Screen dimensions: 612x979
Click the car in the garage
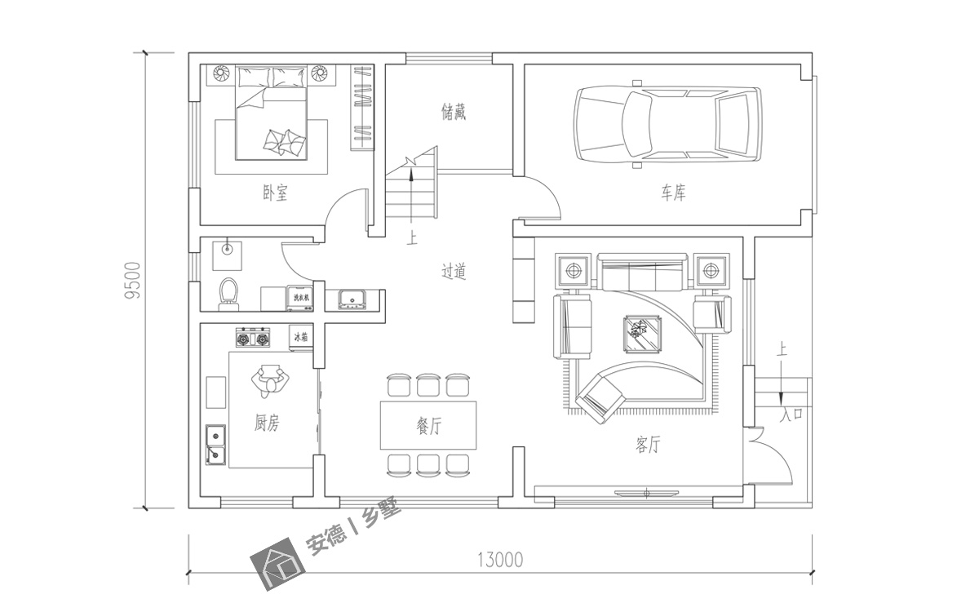point(667,124)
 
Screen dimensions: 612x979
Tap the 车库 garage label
point(673,193)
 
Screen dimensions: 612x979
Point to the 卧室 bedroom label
point(275,193)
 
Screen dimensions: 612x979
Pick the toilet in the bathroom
point(228,294)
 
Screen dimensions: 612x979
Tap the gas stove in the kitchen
point(252,337)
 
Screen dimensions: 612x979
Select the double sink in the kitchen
point(215,445)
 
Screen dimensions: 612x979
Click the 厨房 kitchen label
point(267,423)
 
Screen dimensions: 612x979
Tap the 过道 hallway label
point(454,273)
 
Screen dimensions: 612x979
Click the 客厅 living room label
point(648,446)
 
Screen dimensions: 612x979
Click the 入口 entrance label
point(791,415)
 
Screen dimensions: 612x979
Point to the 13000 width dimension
point(499,560)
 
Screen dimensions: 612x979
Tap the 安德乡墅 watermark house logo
point(277,566)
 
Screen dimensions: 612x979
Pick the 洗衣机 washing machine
point(301,298)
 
